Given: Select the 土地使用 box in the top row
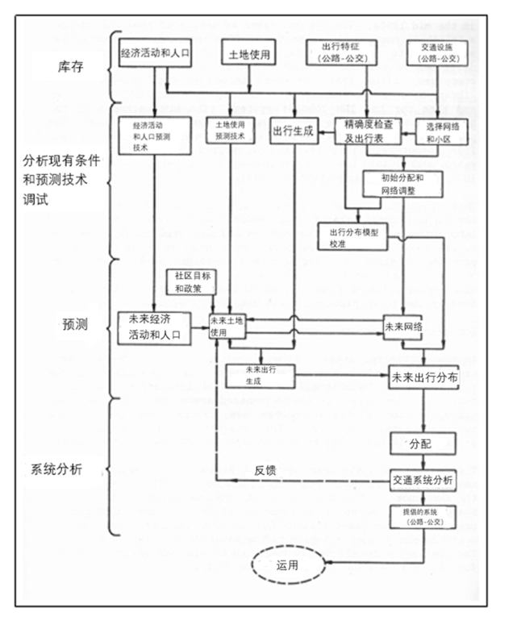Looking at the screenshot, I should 249,55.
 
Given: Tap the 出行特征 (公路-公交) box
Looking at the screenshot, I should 337,52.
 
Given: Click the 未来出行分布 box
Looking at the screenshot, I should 423,377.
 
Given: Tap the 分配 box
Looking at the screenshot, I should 423,444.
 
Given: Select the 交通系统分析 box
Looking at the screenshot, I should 423,481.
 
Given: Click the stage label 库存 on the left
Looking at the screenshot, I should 56,67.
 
